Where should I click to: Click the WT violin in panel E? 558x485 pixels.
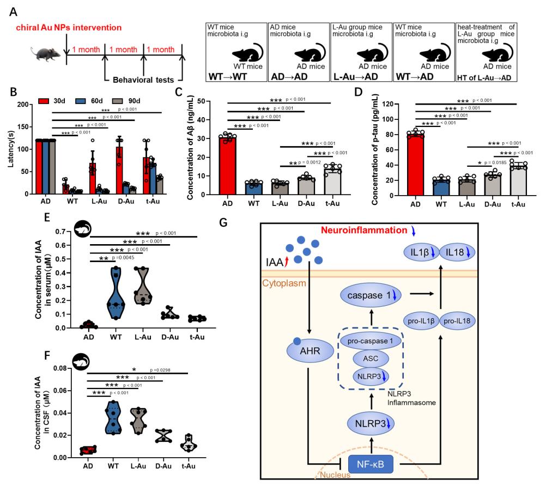(115, 293)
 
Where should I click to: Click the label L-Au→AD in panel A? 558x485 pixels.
(355, 76)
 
